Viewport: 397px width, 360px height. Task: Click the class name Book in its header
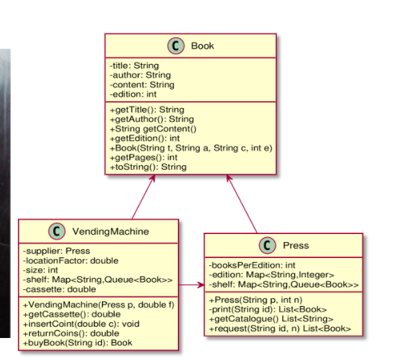pos(202,46)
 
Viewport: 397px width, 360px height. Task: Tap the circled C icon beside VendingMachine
pos(57,231)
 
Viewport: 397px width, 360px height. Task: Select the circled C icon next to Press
pos(267,245)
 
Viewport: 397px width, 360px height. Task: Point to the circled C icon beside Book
pos(176,46)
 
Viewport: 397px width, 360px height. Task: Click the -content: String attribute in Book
pos(142,85)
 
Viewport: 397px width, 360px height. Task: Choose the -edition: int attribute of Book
pos(133,94)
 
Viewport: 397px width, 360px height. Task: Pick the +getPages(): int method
pos(144,157)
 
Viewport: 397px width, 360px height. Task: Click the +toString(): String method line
pos(148,167)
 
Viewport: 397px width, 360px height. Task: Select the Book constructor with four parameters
pos(191,148)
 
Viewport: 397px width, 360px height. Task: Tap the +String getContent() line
pos(153,129)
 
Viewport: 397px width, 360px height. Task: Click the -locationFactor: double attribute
pos(71,261)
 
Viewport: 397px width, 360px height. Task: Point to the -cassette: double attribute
pos(59,289)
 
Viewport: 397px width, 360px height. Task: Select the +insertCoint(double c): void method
pos(81,324)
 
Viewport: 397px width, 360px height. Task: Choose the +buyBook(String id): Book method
pos(77,343)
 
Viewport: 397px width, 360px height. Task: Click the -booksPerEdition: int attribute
pos(252,265)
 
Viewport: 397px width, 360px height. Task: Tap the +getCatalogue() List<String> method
pos(271,319)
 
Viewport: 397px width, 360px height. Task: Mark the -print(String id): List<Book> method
pos(268,309)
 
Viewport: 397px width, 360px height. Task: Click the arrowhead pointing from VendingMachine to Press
pos(201,285)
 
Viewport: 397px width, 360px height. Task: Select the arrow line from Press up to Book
pos(242,204)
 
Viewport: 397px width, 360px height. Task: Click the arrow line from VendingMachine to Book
pos(143,197)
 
